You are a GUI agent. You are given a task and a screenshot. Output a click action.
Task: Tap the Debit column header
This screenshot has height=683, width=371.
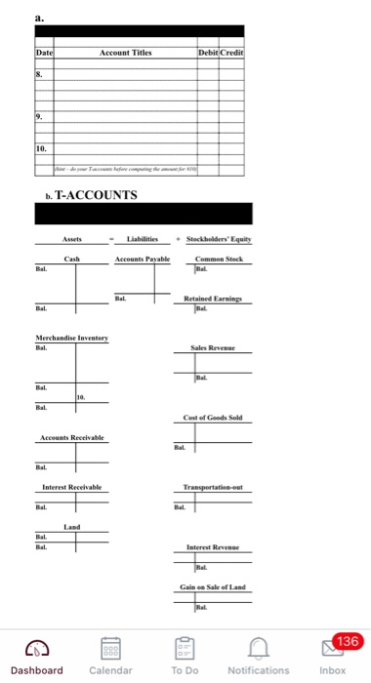[x=207, y=52]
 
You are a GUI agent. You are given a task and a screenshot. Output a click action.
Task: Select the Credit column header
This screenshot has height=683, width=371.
[x=231, y=52]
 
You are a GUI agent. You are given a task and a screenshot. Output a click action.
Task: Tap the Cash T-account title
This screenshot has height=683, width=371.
[x=71, y=258]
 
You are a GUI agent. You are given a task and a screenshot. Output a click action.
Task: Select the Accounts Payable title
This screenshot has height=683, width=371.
[x=143, y=258]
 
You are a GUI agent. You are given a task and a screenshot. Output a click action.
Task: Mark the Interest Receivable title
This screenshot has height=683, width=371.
[x=71, y=486]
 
